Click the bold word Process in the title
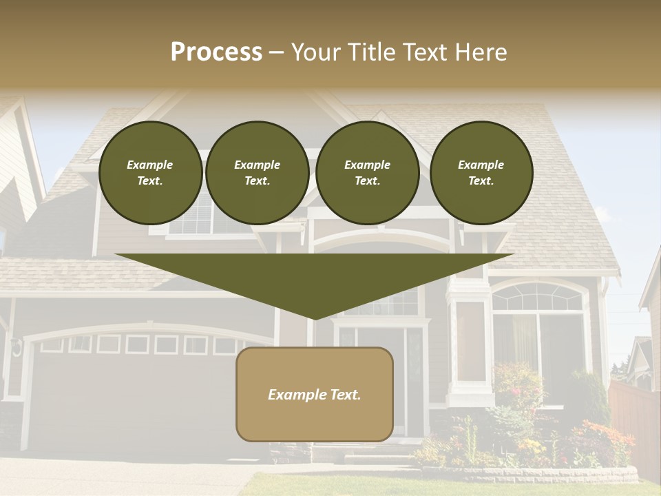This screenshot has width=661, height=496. [x=216, y=52]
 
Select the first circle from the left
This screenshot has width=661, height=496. [x=151, y=173]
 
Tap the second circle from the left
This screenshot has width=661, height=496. [x=258, y=173]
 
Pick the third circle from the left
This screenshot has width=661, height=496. [x=368, y=173]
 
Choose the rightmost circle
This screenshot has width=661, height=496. [x=481, y=173]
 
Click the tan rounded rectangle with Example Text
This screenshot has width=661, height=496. [x=315, y=394]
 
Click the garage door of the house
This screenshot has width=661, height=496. [x=138, y=400]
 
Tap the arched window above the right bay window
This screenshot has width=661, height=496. [x=537, y=297]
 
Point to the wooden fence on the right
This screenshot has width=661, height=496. [x=633, y=420]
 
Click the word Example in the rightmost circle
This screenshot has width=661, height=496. [x=481, y=165]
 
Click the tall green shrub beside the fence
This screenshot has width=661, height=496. [x=591, y=400]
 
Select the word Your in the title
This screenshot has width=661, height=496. [x=314, y=52]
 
